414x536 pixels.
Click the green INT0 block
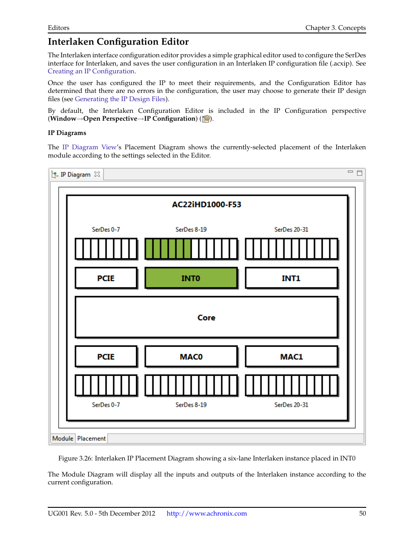(191, 278)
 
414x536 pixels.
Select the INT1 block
(291, 278)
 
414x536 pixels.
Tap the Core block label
(206, 318)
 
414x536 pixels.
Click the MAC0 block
(191, 357)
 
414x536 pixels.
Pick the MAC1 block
(291, 357)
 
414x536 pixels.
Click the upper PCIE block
(106, 278)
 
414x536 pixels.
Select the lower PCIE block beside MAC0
(106, 357)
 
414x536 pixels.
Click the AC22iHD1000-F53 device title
(207, 204)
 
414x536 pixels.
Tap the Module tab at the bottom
(63, 438)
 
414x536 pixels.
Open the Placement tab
(92, 438)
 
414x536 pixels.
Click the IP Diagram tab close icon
(97, 174)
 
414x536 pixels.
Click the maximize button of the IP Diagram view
(359, 173)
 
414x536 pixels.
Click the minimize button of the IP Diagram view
(350, 172)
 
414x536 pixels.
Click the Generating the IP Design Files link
(120, 99)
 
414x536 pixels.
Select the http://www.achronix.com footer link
(207, 513)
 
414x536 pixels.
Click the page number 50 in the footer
(362, 513)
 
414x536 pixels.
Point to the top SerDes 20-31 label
(291, 230)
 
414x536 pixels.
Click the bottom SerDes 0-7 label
(106, 405)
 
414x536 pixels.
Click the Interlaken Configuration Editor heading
(118, 42)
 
